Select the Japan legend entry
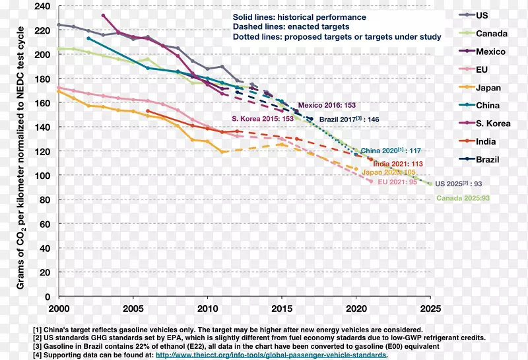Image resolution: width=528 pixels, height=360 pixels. tap(488, 88)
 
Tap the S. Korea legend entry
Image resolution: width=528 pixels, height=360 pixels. tap(492, 124)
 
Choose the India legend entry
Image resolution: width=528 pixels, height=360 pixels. tap(487, 141)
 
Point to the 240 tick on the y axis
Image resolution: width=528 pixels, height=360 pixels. tap(42, 7)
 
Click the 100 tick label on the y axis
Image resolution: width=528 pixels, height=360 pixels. tap(42, 176)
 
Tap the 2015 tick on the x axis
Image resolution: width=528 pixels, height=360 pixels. tap(282, 308)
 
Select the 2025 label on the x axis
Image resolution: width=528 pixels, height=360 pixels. tap(430, 308)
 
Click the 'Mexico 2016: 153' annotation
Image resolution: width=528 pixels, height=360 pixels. tap(327, 105)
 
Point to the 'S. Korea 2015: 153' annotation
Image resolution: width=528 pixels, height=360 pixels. tap(262, 118)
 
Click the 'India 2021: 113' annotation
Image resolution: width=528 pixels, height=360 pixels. tap(398, 164)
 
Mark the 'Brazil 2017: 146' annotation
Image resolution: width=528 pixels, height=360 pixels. tap(350, 119)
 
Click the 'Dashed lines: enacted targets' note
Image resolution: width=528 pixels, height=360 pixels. tap(291, 27)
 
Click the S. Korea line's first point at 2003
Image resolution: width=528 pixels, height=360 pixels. tap(104, 15)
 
